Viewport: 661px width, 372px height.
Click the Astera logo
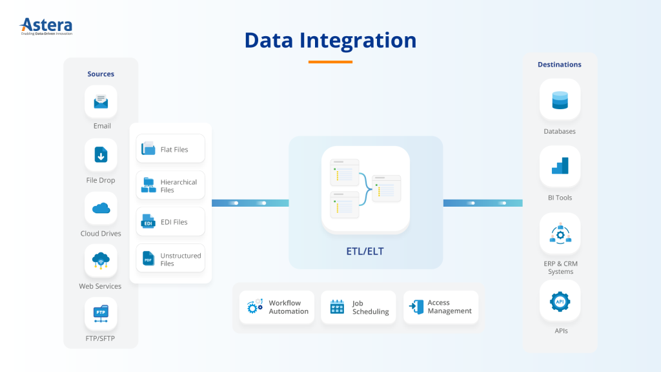point(46,26)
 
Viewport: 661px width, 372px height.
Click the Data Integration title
point(330,40)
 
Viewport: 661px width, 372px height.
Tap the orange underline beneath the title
point(330,62)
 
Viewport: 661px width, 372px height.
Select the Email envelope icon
point(101,101)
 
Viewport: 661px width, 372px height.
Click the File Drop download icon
point(101,155)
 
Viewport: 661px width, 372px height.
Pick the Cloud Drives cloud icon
point(101,208)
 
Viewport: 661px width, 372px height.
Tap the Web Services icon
point(101,260)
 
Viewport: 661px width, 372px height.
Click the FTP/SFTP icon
point(101,313)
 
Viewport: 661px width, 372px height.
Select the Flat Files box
point(170,149)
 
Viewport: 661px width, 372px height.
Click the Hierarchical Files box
point(170,186)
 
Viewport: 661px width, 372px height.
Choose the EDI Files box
point(170,222)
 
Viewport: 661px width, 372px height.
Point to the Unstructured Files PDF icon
point(148,259)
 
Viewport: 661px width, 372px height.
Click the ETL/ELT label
point(365,251)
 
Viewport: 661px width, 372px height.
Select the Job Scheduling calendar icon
point(337,307)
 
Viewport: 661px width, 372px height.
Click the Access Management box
point(441,307)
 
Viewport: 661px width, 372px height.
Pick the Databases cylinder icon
point(560,100)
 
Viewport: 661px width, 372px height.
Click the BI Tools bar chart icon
point(560,166)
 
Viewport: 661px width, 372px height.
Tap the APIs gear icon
point(560,301)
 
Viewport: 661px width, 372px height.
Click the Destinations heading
point(559,65)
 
